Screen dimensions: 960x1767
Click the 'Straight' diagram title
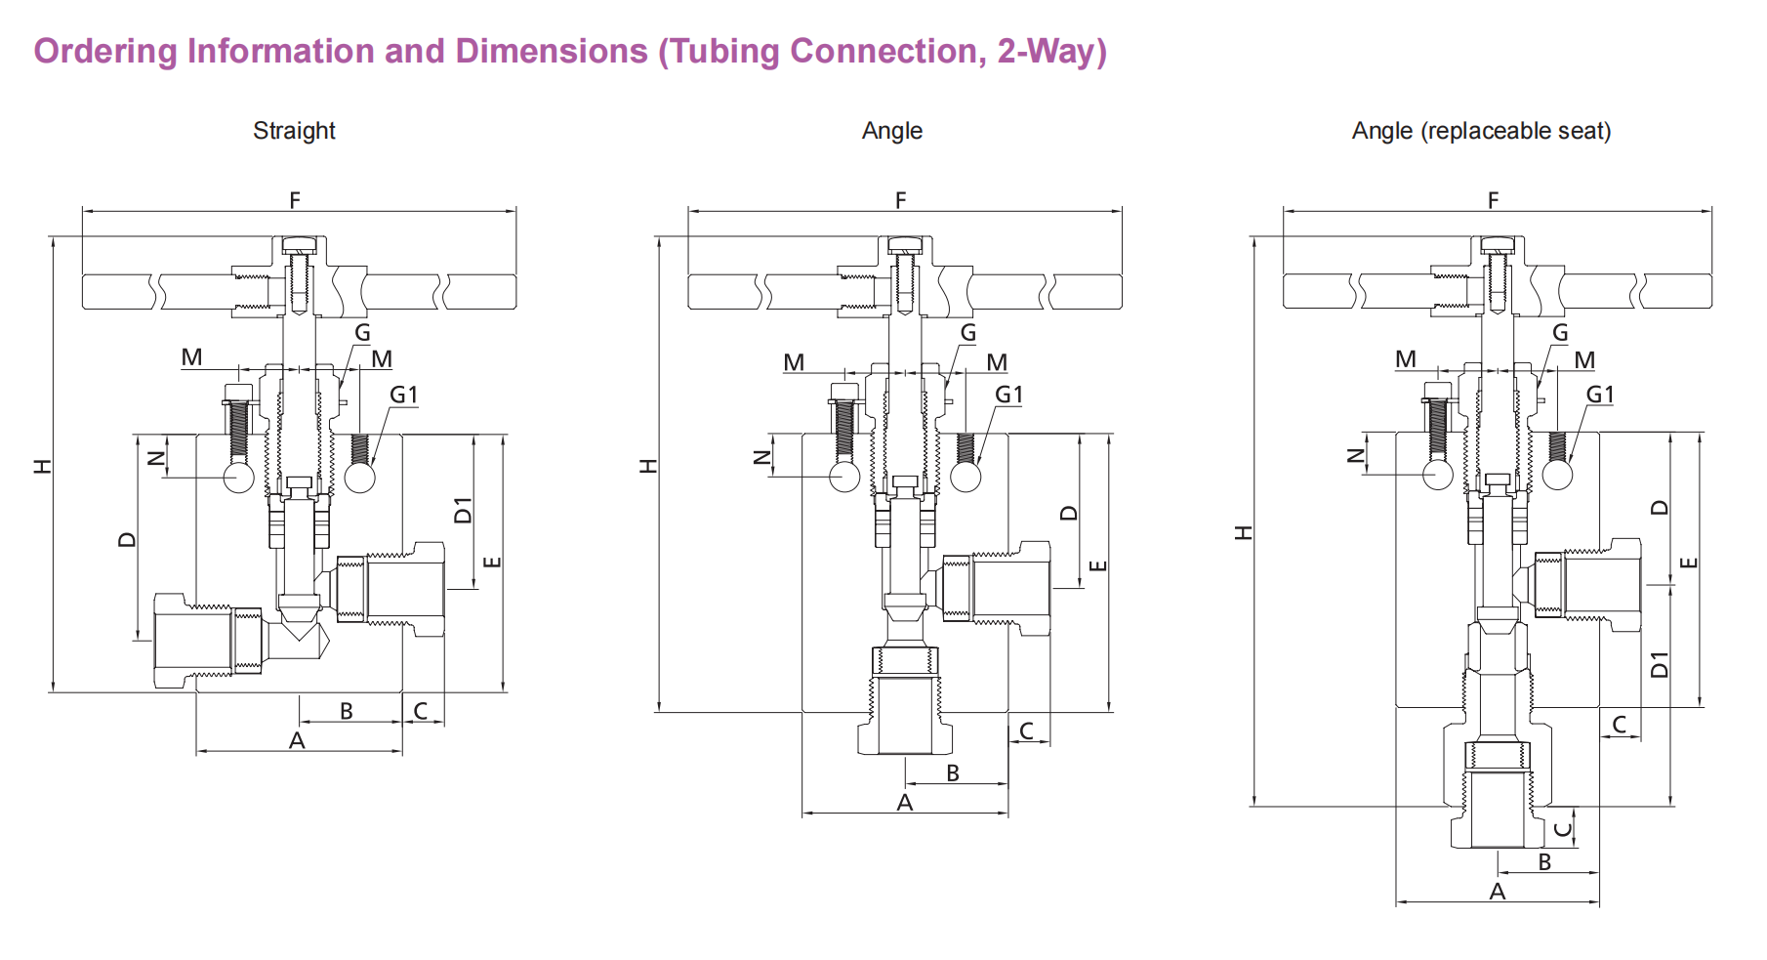294,131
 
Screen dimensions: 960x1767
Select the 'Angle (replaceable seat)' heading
1480,131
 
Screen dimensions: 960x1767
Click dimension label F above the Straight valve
295,200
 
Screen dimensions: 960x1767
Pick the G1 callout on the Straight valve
403,395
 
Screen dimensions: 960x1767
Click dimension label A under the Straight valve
297,741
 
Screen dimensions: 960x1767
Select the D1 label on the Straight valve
463,510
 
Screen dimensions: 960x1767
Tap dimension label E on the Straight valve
492,562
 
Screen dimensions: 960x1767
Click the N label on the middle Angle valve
763,457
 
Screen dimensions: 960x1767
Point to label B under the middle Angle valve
953,773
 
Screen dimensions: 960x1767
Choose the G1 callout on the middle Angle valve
1008,395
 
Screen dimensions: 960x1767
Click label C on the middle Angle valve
1026,730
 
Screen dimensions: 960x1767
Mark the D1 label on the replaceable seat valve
1660,664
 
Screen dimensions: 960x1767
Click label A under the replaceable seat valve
1498,892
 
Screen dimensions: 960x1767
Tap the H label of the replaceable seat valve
1243,532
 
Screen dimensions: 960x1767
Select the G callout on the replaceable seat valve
1560,333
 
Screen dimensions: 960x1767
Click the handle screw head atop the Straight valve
300,244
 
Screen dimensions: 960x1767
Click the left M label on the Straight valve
191,357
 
